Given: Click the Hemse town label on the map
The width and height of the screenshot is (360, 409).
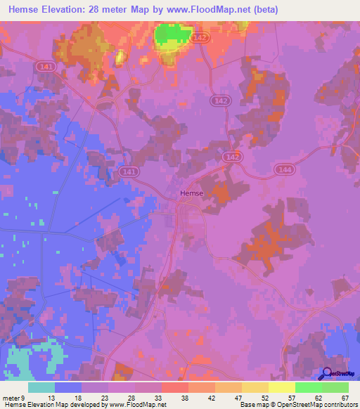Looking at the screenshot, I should point(191,193).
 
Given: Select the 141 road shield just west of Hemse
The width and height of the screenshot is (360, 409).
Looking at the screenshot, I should point(129,171).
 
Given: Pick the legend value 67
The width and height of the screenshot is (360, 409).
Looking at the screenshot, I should point(345,397).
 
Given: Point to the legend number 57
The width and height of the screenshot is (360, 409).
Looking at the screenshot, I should point(292,397).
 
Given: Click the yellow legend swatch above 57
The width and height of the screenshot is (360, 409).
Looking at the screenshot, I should point(281,387).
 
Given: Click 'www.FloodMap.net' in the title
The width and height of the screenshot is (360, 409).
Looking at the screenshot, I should point(206,10).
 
